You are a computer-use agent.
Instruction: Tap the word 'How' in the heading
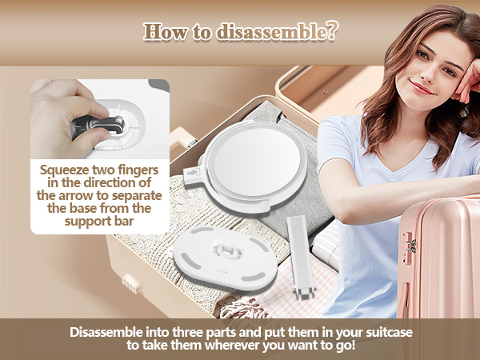(163, 32)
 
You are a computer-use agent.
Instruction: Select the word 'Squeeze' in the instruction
(67, 170)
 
